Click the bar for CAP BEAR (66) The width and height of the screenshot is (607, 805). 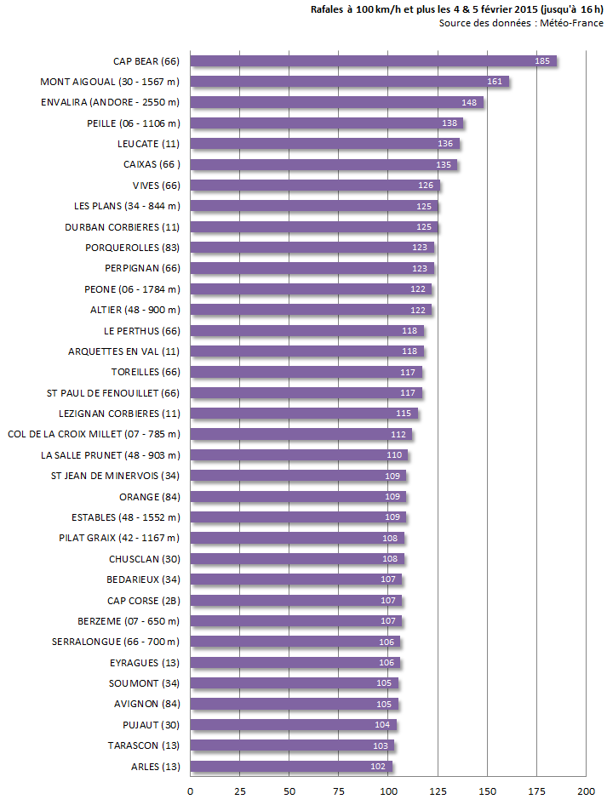click(373, 61)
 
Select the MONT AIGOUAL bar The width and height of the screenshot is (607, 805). click(349, 82)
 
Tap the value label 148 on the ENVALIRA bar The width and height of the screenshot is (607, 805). click(469, 103)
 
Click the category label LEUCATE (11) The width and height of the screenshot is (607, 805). click(148, 144)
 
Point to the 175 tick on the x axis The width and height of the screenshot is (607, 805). click(536, 791)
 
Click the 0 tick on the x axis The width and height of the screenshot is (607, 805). click(190, 791)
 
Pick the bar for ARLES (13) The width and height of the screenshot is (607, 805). click(290, 767)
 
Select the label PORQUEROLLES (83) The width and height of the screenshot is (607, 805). click(132, 248)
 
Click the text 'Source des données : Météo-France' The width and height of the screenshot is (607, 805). click(521, 23)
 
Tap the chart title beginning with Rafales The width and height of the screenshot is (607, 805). click(457, 9)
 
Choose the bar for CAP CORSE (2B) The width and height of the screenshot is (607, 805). click(295, 601)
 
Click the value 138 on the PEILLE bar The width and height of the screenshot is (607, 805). click(450, 123)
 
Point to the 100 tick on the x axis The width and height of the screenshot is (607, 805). click(388, 791)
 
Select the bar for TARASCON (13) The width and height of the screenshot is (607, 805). click(291, 746)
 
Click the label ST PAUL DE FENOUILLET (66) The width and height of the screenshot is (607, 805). click(113, 393)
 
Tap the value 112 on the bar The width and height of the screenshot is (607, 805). click(398, 435)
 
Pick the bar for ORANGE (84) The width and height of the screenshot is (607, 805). click(298, 497)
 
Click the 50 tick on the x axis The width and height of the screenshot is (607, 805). click(289, 791)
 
